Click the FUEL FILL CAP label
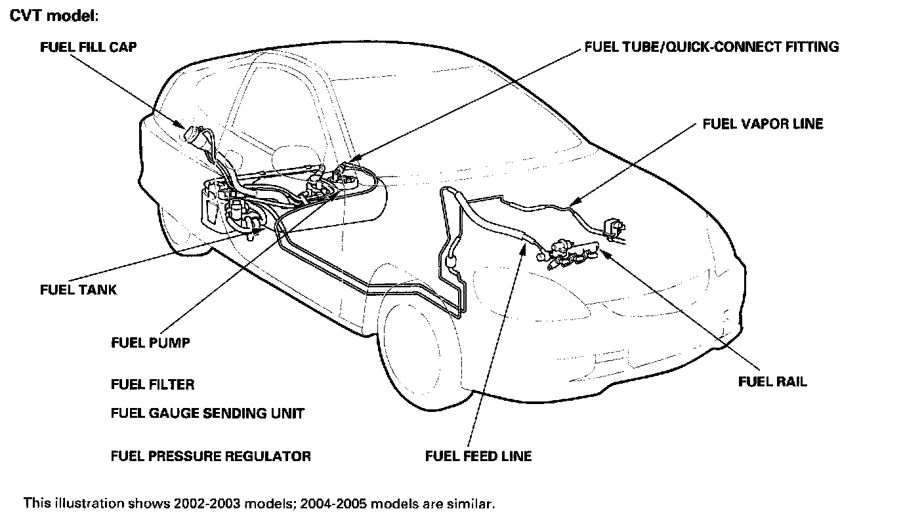coord(89,47)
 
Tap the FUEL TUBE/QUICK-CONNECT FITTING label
coord(711,47)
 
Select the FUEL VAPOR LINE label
coord(763,124)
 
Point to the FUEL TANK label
coord(79,289)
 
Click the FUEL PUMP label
coord(151,342)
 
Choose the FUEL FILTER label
coord(153,384)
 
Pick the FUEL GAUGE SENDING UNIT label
coord(207,413)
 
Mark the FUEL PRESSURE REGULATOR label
coord(211,456)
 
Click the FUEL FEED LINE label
coord(478,456)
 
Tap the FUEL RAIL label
coord(772,382)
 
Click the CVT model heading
coord(54,16)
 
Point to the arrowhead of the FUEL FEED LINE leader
coord(524,244)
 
